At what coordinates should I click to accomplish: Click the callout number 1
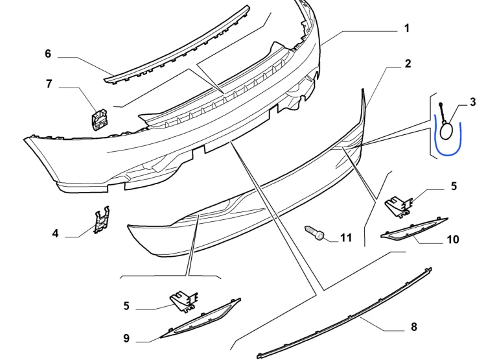(407, 29)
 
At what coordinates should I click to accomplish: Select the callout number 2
(408, 64)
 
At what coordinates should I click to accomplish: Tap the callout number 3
(472, 102)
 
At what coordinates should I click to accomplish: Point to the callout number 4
(55, 233)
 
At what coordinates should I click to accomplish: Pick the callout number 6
(48, 53)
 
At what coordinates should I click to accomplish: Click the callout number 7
(49, 84)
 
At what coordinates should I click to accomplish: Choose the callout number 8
(414, 326)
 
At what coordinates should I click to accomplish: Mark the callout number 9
(126, 338)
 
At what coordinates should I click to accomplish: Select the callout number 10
(453, 239)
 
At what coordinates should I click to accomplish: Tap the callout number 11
(346, 237)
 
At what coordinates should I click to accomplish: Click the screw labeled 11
(314, 233)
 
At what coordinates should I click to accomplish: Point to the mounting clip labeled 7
(99, 119)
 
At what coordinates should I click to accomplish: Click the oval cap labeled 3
(446, 130)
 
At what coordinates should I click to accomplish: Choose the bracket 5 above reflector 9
(183, 301)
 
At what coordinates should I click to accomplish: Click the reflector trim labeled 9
(200, 318)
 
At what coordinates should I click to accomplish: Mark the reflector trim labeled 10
(414, 229)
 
